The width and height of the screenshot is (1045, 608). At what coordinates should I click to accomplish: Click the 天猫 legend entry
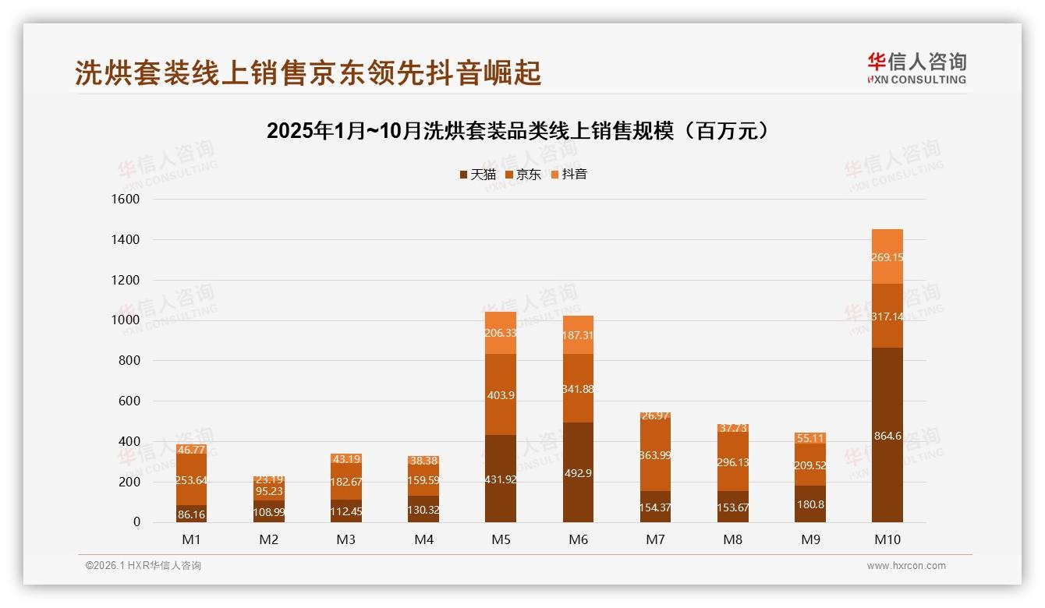477,175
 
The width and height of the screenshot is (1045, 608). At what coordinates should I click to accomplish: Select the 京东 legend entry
522,175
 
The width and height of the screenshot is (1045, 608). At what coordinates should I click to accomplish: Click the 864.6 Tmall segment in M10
887,436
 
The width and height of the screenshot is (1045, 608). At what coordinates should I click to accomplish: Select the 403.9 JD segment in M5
500,395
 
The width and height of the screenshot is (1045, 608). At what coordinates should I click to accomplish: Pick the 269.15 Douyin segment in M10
887,257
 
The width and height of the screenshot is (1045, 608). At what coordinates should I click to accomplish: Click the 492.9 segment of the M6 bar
578,472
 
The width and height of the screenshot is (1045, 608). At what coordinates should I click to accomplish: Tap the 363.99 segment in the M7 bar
655,455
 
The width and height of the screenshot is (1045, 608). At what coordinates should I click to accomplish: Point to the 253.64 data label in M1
191,480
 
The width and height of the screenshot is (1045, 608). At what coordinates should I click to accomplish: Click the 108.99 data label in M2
268,514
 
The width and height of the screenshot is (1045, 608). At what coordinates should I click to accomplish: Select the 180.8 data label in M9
810,504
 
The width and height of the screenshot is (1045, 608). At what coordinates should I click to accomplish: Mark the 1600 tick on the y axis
125,200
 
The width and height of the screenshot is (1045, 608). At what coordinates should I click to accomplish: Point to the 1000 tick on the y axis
125,320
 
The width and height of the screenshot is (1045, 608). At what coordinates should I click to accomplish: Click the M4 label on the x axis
423,539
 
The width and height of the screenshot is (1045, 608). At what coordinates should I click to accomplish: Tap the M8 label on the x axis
733,539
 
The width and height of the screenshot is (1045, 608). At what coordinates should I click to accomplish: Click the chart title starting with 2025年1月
522,131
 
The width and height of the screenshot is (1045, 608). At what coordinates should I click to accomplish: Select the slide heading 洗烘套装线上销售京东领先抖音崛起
308,73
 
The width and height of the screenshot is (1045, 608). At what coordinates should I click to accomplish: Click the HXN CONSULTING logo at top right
916,69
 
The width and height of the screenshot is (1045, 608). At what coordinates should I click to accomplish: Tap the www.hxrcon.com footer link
906,566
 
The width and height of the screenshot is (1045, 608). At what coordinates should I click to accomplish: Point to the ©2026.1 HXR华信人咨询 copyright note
143,566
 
